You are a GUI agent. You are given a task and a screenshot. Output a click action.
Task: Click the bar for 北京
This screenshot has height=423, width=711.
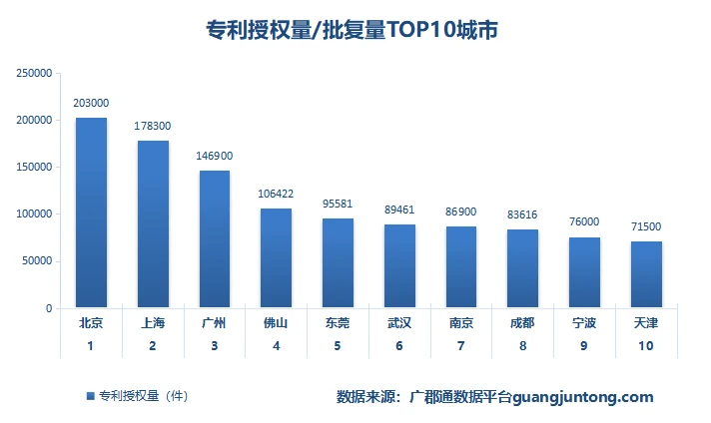tap(91, 212)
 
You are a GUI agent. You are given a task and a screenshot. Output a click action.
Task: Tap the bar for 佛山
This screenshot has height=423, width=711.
tap(276, 257)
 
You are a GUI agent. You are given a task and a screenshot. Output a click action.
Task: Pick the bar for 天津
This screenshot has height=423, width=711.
tap(646, 274)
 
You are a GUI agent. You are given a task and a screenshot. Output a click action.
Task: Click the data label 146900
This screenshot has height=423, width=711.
tap(214, 156)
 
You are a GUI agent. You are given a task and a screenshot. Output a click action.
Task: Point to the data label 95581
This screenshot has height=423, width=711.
tap(338, 204)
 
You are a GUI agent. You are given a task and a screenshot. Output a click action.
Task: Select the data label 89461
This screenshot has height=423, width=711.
tap(399, 210)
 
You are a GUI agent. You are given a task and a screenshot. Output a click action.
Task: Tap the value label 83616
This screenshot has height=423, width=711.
tap(522, 214)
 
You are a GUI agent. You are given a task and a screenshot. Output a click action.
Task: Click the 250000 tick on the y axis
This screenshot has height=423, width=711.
tap(34, 73)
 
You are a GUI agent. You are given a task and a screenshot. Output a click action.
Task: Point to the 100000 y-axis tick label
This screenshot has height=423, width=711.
tap(34, 214)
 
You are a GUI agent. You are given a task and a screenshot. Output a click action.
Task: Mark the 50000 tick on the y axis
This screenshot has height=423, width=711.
tap(37, 261)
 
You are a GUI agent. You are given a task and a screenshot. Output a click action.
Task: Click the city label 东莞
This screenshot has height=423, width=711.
tap(338, 323)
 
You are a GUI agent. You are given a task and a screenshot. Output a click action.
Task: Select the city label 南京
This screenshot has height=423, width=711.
tap(461, 323)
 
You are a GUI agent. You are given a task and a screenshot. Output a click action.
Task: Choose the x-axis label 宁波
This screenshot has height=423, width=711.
tap(584, 323)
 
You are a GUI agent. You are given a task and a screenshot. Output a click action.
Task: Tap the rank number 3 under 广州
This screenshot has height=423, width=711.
tap(214, 346)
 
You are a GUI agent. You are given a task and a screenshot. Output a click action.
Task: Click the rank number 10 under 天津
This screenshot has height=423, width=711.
tap(646, 346)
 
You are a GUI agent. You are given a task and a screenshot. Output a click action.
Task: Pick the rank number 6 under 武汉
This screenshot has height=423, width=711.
tap(399, 346)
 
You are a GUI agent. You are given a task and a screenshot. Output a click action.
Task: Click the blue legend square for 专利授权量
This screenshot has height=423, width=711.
tap(90, 396)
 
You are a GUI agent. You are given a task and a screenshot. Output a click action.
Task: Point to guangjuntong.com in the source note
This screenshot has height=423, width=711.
tap(583, 397)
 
